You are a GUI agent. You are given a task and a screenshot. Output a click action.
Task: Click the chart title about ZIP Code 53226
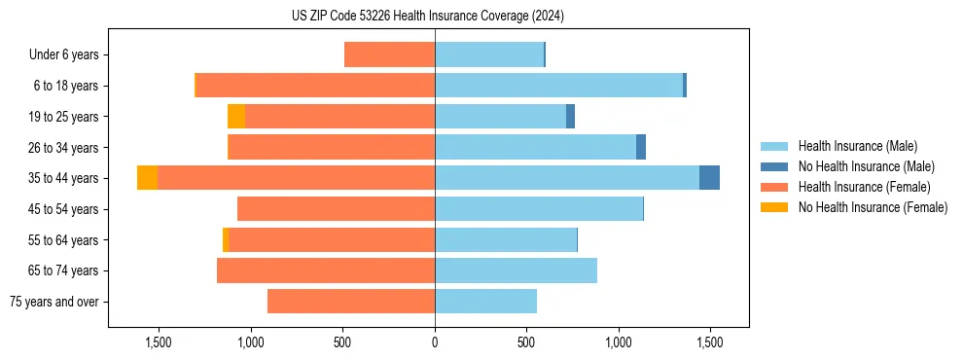pyautogui.click(x=427, y=16)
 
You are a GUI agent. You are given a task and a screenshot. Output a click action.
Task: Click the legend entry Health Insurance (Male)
pyautogui.click(x=857, y=146)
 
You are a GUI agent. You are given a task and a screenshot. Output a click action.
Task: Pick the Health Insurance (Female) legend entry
pyautogui.click(x=864, y=187)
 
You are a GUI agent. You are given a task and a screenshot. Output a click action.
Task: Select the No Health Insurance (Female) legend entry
pyautogui.click(x=873, y=207)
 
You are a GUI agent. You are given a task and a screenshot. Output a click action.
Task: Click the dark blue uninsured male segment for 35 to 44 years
pyautogui.click(x=709, y=178)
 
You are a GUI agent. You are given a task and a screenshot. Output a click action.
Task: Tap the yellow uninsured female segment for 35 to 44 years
pyautogui.click(x=147, y=178)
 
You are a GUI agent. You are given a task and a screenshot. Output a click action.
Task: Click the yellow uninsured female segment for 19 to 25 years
pyautogui.click(x=235, y=117)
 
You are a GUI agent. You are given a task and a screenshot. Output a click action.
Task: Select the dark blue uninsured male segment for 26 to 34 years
pyautogui.click(x=641, y=147)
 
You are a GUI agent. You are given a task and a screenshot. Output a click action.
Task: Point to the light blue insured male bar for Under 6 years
pyautogui.click(x=488, y=54)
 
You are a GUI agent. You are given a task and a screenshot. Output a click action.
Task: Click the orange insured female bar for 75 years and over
pyautogui.click(x=350, y=302)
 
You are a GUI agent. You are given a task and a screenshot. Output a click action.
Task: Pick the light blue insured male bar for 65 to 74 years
pyautogui.click(x=516, y=270)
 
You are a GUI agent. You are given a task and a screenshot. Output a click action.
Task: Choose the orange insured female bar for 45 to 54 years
pyautogui.click(x=336, y=209)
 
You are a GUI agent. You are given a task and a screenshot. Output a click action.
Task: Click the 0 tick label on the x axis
pyautogui.click(x=435, y=342)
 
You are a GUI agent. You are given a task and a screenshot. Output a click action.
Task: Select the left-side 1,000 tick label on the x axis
pyautogui.click(x=251, y=342)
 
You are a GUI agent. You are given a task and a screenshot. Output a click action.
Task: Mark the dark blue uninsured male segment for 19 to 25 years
pyautogui.click(x=570, y=117)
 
